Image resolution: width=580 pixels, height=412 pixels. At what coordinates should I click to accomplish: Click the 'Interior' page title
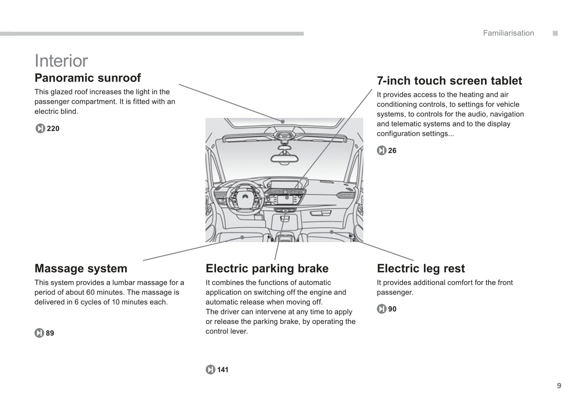point(61,61)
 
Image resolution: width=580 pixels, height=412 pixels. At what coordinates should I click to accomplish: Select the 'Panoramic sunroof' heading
point(88,78)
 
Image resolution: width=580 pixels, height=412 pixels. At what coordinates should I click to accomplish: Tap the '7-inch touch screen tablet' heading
point(449,81)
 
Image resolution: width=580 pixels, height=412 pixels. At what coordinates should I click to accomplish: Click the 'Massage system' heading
point(81,268)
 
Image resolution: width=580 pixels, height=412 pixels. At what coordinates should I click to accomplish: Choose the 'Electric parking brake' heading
point(267,268)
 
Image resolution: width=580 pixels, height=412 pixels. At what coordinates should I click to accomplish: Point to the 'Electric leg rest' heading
point(421,268)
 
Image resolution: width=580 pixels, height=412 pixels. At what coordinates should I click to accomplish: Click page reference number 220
point(53,128)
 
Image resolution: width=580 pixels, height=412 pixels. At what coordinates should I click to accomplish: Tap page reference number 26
point(392,151)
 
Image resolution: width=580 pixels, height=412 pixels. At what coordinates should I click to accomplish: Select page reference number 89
point(50,333)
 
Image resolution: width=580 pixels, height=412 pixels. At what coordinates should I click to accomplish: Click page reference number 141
point(223,369)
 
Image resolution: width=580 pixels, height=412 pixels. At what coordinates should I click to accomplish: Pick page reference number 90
point(392,309)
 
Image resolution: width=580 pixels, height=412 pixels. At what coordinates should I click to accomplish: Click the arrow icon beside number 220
point(40,128)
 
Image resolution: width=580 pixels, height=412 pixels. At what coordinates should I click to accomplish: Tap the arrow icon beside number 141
point(210,369)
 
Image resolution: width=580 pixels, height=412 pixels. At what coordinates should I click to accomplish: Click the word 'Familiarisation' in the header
point(508,33)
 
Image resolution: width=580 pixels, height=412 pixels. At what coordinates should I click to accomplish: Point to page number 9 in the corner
point(559,386)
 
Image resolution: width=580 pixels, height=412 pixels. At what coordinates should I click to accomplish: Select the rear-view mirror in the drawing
point(285,157)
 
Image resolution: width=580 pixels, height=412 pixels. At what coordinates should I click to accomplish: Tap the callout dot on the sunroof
point(283,122)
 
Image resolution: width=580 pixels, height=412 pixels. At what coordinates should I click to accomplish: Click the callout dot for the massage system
point(242,237)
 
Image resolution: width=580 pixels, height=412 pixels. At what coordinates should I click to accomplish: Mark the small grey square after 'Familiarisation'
point(555,33)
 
